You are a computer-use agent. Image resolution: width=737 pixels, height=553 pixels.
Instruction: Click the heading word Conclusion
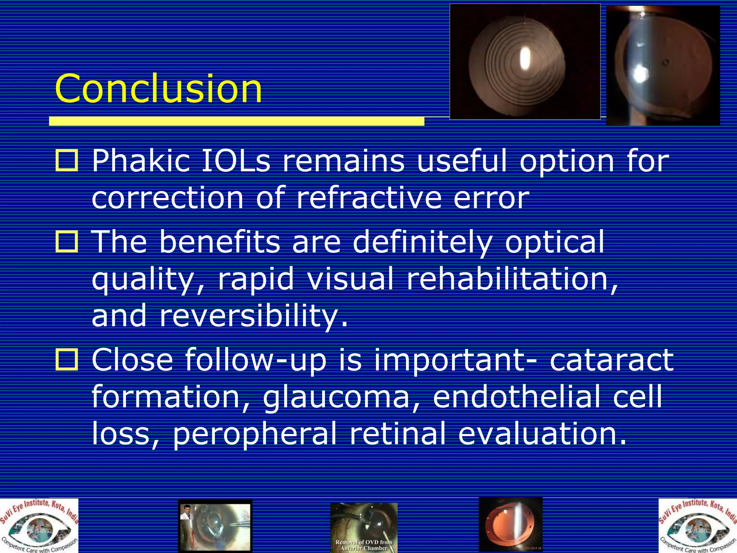158,89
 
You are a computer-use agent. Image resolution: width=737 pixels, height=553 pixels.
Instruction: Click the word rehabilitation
511,279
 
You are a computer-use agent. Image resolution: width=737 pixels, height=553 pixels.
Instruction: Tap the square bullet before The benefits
67,242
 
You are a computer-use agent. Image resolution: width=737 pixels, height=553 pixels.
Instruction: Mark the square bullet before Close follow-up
67,359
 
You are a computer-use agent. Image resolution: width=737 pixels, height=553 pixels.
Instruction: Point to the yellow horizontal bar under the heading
236,121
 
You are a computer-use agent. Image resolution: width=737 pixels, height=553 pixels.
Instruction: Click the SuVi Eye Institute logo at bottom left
39,526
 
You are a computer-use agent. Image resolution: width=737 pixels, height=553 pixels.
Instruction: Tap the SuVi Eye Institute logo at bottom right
697,526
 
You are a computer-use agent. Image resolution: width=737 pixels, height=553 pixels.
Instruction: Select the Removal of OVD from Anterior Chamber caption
363,545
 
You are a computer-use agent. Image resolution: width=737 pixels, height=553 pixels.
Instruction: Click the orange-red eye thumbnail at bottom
510,525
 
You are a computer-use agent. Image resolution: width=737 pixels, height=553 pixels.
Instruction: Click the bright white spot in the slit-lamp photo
640,74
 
